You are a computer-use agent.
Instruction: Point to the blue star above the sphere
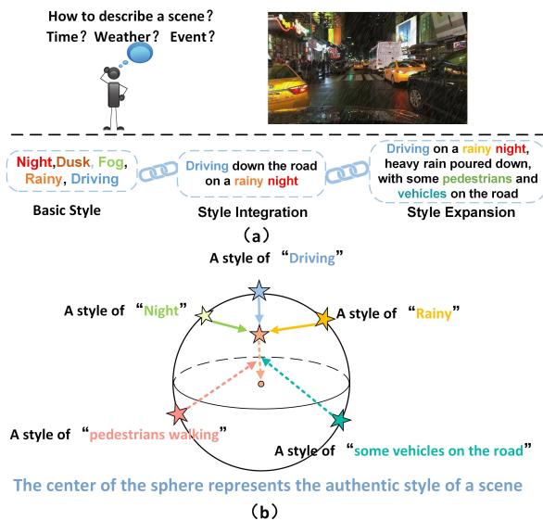click(x=259, y=292)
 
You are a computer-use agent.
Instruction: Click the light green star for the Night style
click(x=207, y=316)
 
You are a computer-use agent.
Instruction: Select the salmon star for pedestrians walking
click(x=178, y=414)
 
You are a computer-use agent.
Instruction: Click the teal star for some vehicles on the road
click(x=341, y=420)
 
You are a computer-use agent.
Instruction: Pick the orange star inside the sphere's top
click(x=260, y=331)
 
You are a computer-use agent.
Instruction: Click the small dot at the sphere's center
click(x=261, y=383)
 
